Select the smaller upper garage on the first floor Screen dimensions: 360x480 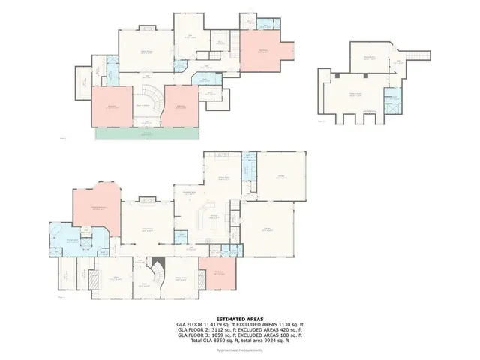point(281,177)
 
